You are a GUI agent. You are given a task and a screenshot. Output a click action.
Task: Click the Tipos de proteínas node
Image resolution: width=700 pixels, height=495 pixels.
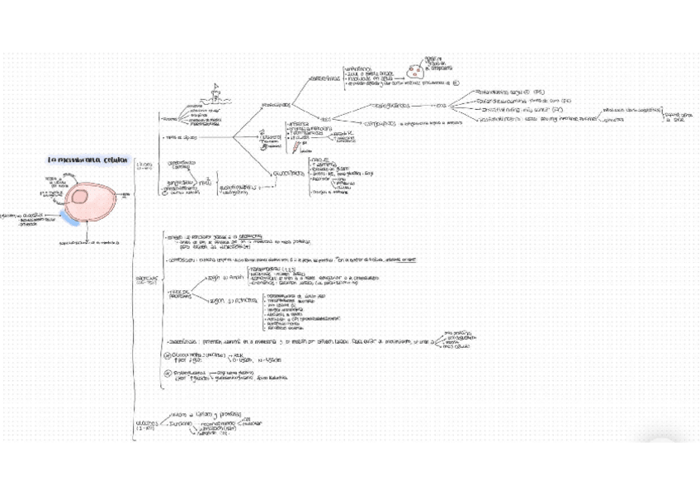[x=181, y=293]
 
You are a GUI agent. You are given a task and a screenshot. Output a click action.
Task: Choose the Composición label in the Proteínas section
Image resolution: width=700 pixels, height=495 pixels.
[x=184, y=259]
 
